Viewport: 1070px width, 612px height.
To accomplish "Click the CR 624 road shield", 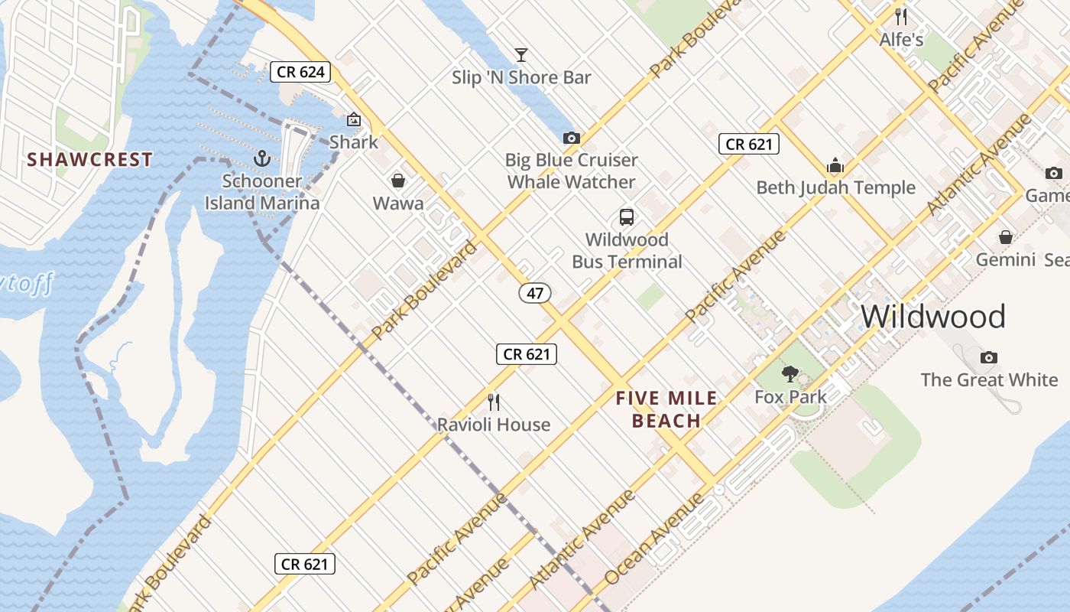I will point(300,73).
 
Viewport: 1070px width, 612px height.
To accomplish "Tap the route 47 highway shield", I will point(535,293).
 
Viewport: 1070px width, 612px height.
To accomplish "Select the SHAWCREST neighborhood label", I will point(90,160).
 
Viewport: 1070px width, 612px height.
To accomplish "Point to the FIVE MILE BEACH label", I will point(667,409).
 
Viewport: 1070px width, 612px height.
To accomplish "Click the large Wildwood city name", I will point(932,317).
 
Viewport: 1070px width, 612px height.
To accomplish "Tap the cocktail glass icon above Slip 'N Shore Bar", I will point(521,54).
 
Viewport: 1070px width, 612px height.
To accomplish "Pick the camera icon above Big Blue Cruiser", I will point(571,138).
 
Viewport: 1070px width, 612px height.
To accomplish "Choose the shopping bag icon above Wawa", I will point(398,181).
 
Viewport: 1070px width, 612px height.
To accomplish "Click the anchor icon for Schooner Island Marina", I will point(262,158).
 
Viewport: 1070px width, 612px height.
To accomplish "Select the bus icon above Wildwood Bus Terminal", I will point(627,217).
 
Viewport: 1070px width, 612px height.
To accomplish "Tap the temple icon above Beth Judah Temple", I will point(835,165).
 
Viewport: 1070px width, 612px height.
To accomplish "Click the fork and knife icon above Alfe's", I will point(901,16).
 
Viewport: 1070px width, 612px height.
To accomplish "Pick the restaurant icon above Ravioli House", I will point(494,402).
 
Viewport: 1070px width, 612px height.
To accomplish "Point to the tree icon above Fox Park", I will point(790,374).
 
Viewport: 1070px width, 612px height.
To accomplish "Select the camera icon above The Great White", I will point(989,357).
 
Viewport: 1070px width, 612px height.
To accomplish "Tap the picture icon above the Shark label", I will point(354,119).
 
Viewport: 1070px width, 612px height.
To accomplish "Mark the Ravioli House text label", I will point(494,425).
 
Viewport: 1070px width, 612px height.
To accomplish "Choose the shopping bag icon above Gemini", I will point(1006,237).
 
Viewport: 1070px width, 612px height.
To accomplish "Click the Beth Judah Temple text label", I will point(835,188).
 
